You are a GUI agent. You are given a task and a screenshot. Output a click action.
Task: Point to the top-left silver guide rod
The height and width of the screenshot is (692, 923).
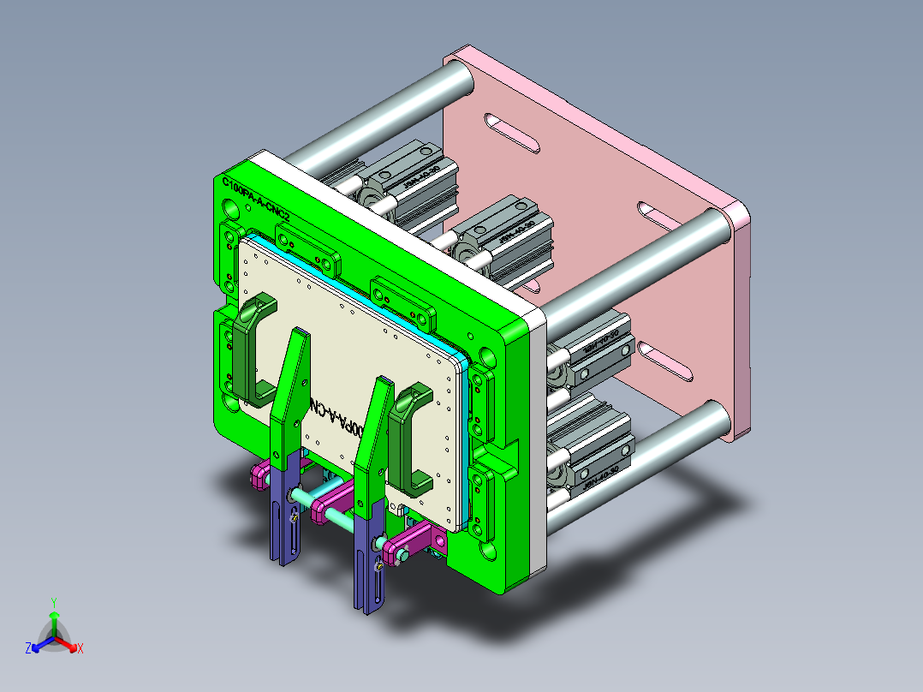(385, 111)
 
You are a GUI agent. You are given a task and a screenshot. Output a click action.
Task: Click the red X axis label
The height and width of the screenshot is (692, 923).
(80, 648)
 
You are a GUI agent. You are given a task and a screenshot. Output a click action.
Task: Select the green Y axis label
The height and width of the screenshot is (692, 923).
(53, 602)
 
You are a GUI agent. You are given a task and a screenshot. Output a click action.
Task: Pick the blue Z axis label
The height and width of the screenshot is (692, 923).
(28, 648)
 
